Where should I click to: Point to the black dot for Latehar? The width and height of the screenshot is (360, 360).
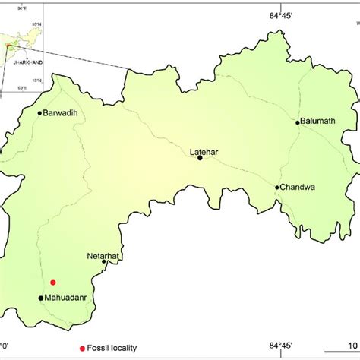pyautogui.click(x=201, y=159)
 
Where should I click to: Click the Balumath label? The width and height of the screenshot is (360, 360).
pyautogui.click(x=320, y=121)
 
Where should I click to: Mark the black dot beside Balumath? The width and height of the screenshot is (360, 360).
pyautogui.click(x=298, y=122)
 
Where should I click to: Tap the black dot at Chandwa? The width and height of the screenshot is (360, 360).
pyautogui.click(x=277, y=187)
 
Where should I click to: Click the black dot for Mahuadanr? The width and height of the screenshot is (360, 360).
pyautogui.click(x=40, y=298)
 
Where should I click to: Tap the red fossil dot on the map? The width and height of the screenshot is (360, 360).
pyautogui.click(x=53, y=282)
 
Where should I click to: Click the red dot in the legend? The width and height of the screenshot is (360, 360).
pyautogui.click(x=83, y=349)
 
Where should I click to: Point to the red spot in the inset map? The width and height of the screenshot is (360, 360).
pyautogui.click(x=8, y=45)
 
